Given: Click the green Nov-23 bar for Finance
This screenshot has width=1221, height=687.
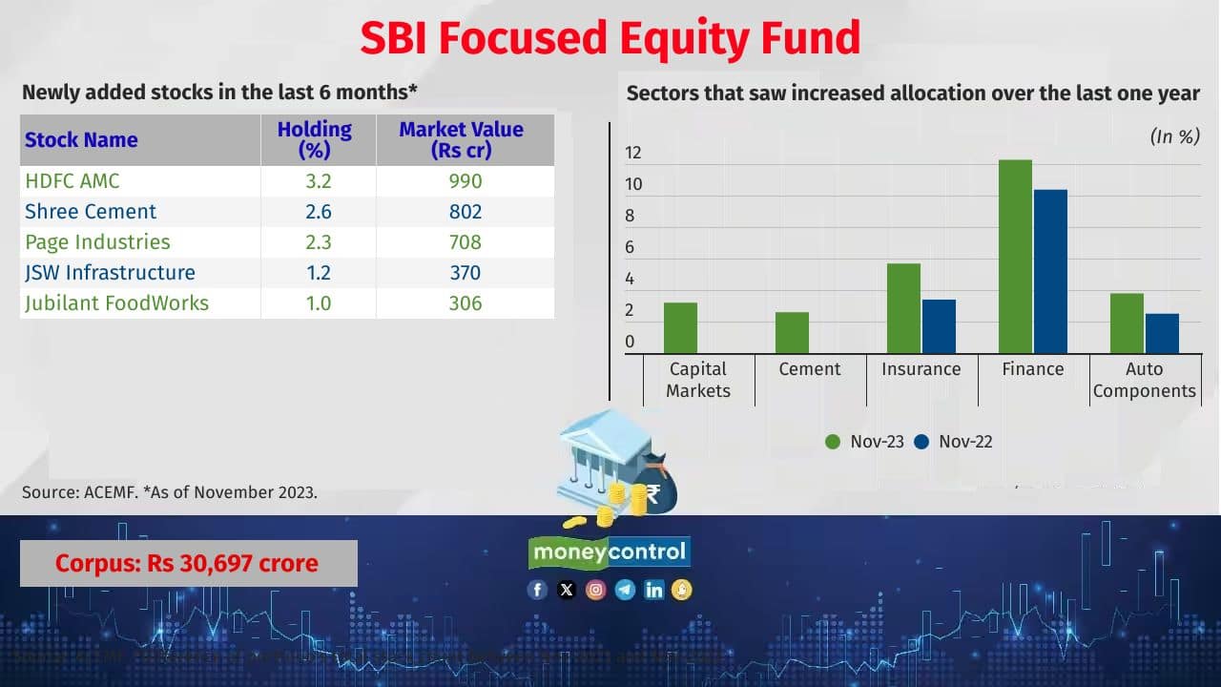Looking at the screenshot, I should click(1015, 257).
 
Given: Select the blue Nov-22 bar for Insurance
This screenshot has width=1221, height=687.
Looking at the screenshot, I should click(938, 326).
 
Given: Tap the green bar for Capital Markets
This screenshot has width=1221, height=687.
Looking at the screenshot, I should click(680, 328).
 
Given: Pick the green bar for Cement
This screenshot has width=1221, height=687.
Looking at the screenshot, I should click(792, 333).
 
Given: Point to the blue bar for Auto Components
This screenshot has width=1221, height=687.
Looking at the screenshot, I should click(1162, 333).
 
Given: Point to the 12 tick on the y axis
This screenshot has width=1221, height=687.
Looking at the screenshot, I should click(633, 153).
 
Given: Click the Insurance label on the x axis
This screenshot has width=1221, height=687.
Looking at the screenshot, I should click(921, 369).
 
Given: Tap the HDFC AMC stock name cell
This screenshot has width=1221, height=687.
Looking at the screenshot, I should click(72, 180).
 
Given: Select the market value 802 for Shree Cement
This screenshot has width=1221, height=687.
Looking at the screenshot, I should click(466, 212).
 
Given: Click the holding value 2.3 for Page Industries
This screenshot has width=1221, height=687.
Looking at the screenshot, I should click(318, 242).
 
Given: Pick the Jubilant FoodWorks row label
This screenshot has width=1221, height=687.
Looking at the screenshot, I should click(116, 303).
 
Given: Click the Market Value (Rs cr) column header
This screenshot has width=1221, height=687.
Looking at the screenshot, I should click(462, 140).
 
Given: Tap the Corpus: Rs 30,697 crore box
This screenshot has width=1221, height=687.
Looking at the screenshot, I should click(188, 563).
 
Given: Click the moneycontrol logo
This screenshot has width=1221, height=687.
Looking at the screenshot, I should click(610, 552).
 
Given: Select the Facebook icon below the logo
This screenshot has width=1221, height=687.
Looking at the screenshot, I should click(537, 590).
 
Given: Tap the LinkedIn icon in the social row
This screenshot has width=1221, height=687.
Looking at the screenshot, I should click(653, 590).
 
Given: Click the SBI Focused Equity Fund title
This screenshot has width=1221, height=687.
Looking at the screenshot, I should click(610, 38).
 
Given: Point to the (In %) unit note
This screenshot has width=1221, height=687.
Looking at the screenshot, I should click(1174, 136).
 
